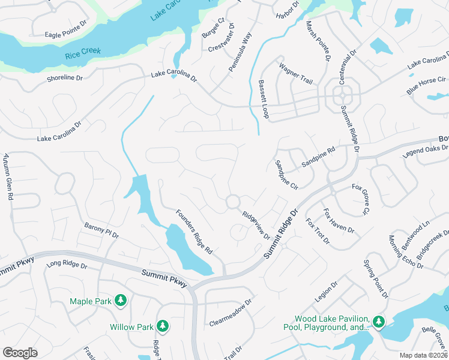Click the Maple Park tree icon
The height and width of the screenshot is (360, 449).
pos(120,299)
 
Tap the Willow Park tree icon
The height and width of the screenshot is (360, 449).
pos(161,326)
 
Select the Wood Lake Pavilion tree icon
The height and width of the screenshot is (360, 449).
pos(378,322)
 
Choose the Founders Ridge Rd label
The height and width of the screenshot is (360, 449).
pos(194,230)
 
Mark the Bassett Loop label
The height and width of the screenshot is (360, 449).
pos(264,98)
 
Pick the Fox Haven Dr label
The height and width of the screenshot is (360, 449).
pos(339,221)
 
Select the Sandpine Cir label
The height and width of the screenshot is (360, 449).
pos(286,175)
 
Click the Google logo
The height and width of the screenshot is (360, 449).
pos(20,353)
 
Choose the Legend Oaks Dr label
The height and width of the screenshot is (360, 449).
pos(425,152)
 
